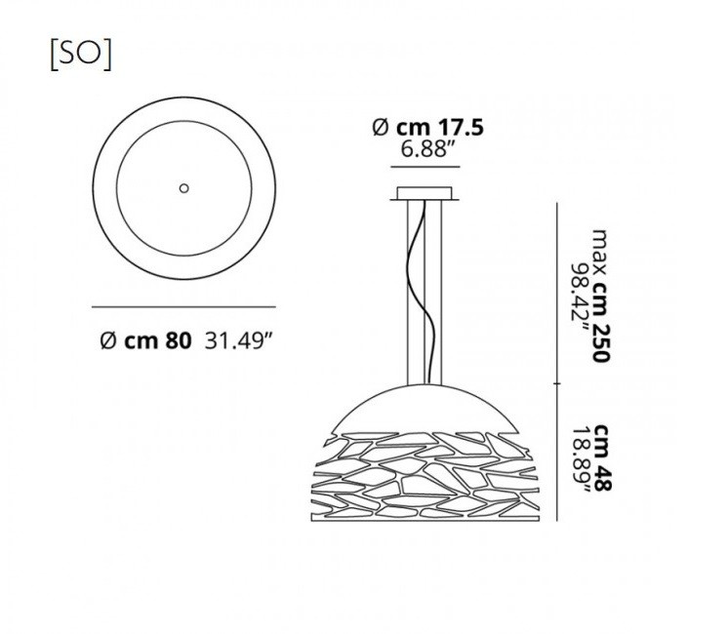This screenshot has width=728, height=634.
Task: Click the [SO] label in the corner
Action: pos(81,56)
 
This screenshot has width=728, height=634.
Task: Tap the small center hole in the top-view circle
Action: pos(183,188)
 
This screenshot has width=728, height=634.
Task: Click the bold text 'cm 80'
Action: pos(157,341)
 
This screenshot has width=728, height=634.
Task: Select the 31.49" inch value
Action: pos(238,341)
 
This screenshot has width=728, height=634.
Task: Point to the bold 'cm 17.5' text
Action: pos(440,128)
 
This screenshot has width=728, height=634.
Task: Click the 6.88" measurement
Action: pos(427,149)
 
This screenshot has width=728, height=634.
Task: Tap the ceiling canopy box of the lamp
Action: pos(425,193)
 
